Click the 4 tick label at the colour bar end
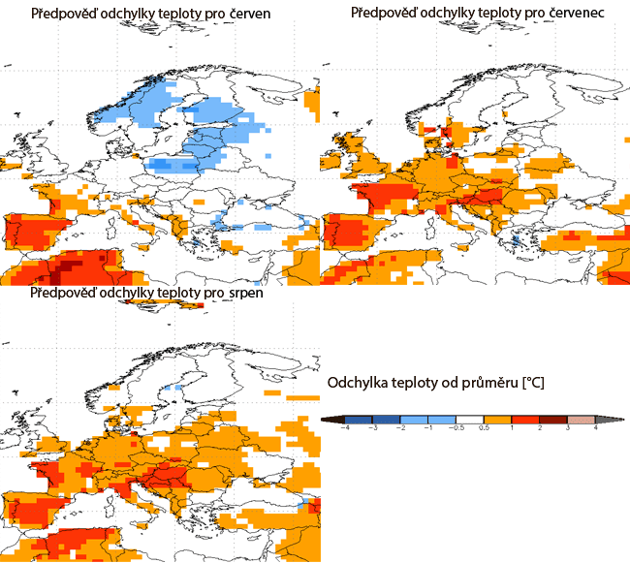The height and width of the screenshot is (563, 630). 594,427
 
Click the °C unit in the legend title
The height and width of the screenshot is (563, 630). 534,383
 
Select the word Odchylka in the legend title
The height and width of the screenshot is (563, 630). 359,383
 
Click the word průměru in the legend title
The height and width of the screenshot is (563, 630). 491,383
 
